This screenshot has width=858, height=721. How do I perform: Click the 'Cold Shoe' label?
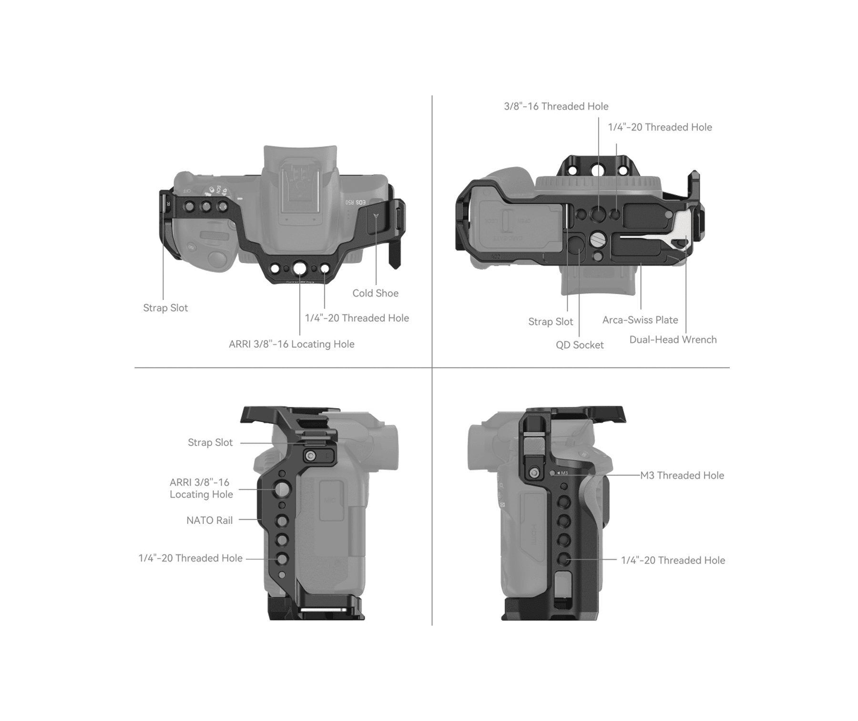pyautogui.click(x=375, y=293)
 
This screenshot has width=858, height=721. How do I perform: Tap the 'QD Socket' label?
pyautogui.click(x=580, y=345)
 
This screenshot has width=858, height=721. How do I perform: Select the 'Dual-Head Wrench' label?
pyautogui.click(x=673, y=340)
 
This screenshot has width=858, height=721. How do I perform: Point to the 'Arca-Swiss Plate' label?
pyautogui.click(x=640, y=320)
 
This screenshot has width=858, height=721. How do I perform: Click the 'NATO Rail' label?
pyautogui.click(x=209, y=520)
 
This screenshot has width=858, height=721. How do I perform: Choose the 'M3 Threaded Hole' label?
pyautogui.click(x=682, y=475)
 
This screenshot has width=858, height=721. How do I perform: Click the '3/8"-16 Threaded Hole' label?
pyautogui.click(x=556, y=106)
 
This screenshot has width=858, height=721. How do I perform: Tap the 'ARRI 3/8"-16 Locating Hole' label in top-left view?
pyautogui.click(x=292, y=344)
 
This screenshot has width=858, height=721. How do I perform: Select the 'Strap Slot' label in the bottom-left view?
pyautogui.click(x=210, y=443)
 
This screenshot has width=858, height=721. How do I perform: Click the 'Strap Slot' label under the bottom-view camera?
pyautogui.click(x=551, y=322)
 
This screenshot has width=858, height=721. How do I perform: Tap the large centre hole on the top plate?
pyautogui.click(x=300, y=269)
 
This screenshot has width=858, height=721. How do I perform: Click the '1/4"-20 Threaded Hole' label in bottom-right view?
pyautogui.click(x=673, y=560)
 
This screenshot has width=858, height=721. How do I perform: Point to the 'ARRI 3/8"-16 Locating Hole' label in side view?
pyautogui.click(x=201, y=488)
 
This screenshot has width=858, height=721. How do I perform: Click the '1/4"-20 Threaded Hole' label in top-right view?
pyautogui.click(x=660, y=127)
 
